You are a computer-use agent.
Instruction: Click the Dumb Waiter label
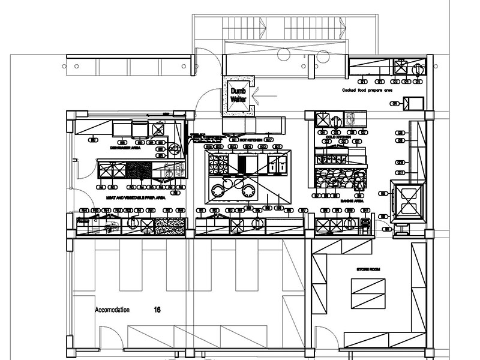[239, 95]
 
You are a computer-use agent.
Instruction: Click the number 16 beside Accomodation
[157, 310]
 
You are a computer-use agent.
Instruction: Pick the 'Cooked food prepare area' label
[367, 89]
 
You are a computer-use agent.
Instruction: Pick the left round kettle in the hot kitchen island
[218, 190]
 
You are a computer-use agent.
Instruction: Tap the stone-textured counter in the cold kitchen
[340, 178]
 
